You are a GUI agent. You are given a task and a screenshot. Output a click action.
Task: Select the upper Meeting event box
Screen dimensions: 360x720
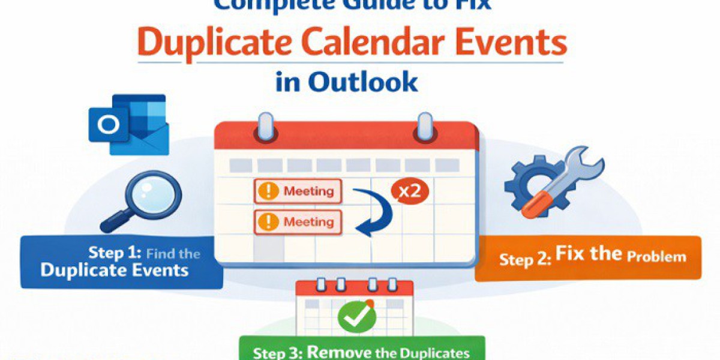pos(298,192)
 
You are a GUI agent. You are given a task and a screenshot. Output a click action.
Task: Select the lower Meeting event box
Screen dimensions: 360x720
pos(298,222)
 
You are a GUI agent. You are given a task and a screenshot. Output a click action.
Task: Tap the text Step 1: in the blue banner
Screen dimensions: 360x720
pos(115,253)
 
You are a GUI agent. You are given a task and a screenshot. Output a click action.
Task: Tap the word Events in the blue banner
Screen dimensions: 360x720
pos(158,270)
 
